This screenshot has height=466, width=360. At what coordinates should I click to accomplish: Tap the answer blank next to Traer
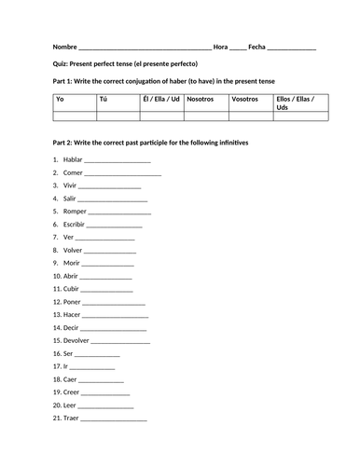click(x=115, y=419)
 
